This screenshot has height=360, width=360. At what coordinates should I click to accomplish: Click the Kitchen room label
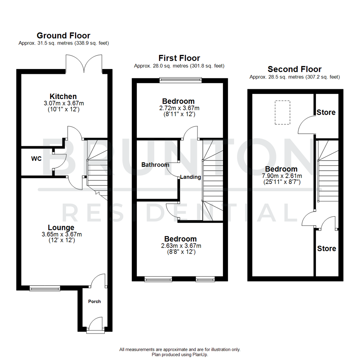pyautogui.click(x=63, y=96)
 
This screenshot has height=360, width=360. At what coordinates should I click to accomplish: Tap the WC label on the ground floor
pyautogui.click(x=36, y=159)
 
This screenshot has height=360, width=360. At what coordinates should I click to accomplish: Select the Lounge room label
pyautogui.click(x=61, y=228)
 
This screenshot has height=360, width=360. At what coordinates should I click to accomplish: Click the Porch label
pyautogui.click(x=94, y=301)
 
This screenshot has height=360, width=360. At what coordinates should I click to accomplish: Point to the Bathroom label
pyautogui.click(x=155, y=165)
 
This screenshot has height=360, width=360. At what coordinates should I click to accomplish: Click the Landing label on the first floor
pyautogui.click(x=191, y=177)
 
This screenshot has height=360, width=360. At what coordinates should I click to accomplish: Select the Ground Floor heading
pyautogui.click(x=63, y=35)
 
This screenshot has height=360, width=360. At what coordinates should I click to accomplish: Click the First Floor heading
pyautogui.click(x=179, y=58)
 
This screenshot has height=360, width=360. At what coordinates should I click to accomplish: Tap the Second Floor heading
pyautogui.click(x=295, y=69)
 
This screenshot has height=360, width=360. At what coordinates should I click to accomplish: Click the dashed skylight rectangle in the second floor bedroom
pyautogui.click(x=282, y=113)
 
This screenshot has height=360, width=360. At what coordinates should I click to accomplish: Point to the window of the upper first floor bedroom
pyautogui.click(x=180, y=80)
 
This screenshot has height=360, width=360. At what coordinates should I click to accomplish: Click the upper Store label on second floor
pyautogui.click(x=326, y=112)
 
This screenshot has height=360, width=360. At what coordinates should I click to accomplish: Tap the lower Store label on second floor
pyautogui.click(x=326, y=248)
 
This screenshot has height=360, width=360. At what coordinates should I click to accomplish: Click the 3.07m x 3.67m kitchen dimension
pyautogui.click(x=63, y=103)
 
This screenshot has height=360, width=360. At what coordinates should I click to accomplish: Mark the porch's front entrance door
pyautogui.click(x=95, y=325)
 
